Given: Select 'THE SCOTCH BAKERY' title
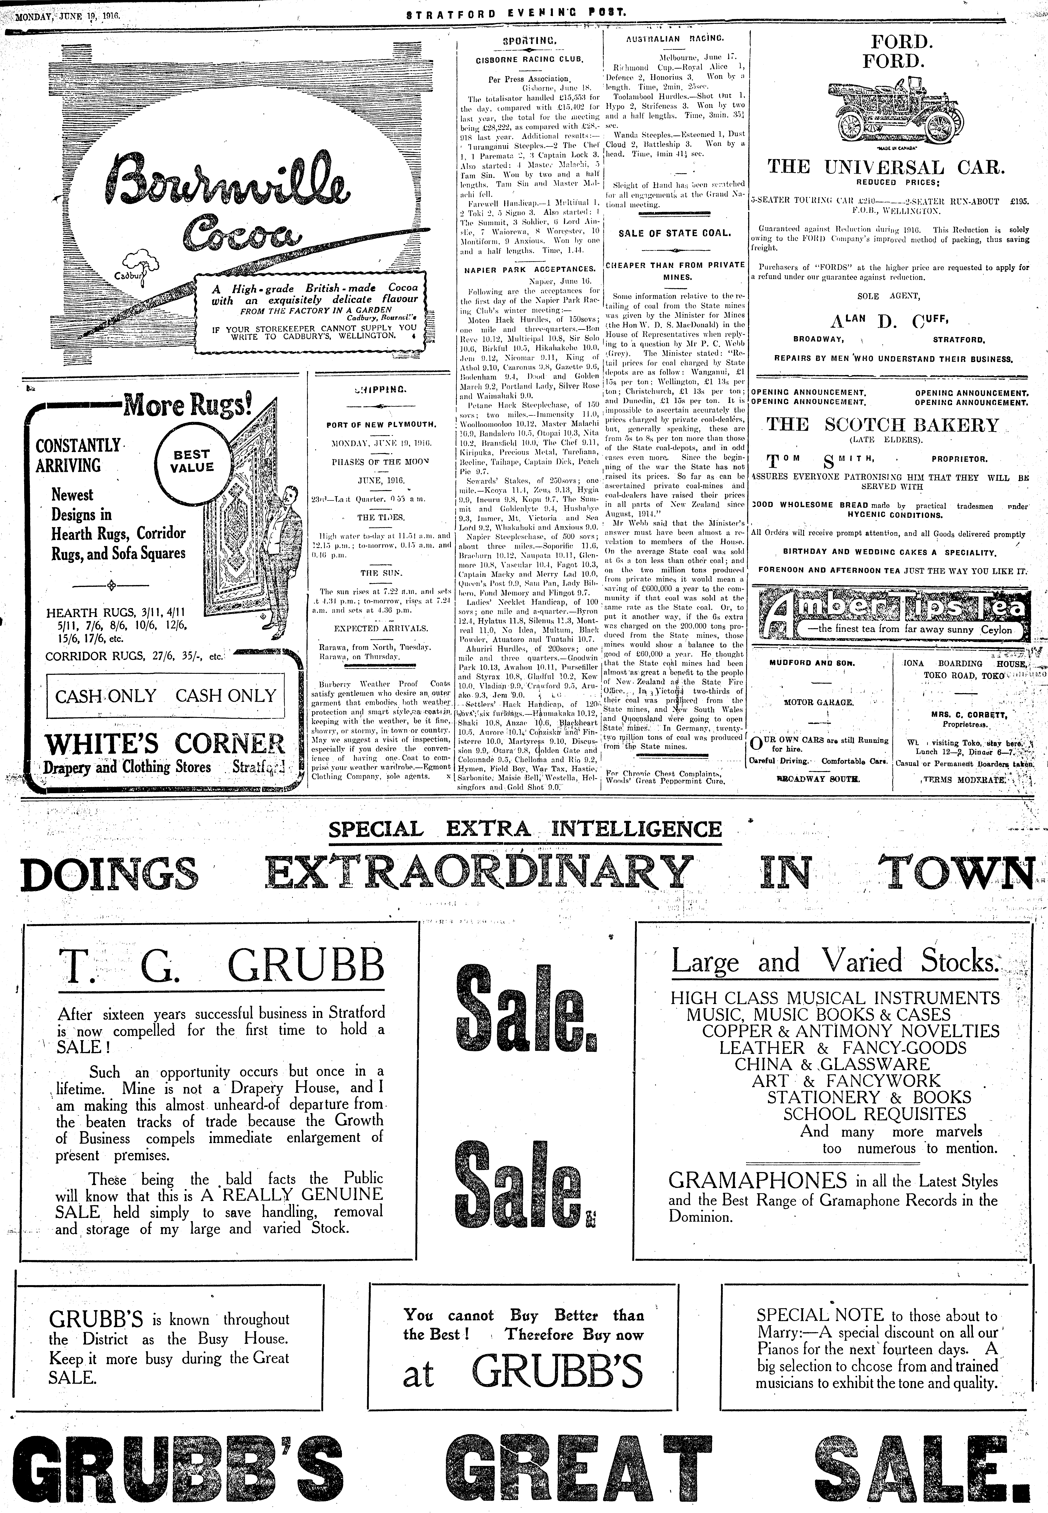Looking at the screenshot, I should point(882,425).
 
